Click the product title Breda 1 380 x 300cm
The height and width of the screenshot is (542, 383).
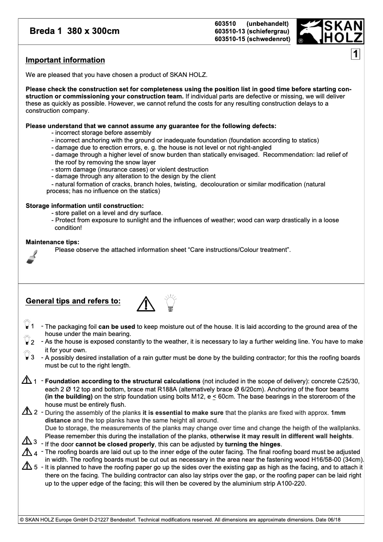pyautogui.click(x=74, y=32)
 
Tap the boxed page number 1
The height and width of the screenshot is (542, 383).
pyautogui.click(x=356, y=54)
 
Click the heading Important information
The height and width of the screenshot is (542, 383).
pyautogui.click(x=65, y=60)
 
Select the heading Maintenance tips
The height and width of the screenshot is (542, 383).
pyautogui.click(x=53, y=242)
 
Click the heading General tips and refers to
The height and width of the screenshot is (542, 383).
pyautogui.click(x=73, y=301)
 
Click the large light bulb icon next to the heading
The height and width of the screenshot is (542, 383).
pyautogui.click(x=170, y=303)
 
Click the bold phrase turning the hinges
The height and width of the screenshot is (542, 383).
pyautogui.click(x=253, y=444)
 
